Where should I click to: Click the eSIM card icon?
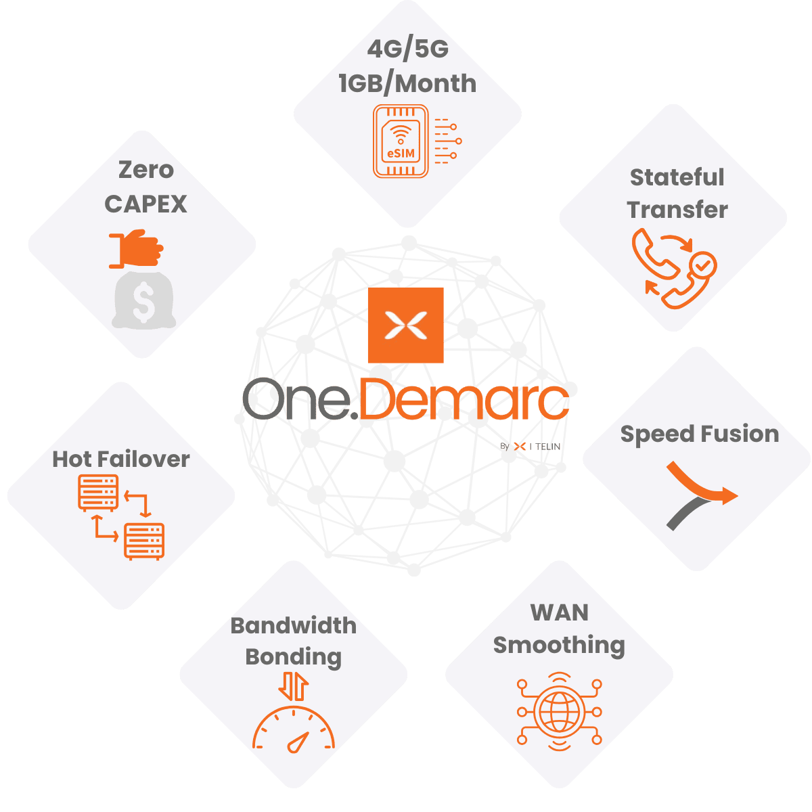tap(401, 141)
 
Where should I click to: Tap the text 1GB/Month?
tap(407, 83)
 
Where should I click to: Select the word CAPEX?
tap(145, 204)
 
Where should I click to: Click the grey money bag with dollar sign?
tap(143, 300)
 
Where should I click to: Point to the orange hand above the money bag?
tap(137, 249)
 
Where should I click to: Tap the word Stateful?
tap(677, 177)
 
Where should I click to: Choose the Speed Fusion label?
tap(699, 434)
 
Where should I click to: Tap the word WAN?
tap(559, 612)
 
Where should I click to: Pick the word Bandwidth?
tap(293, 625)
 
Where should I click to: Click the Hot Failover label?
tap(121, 459)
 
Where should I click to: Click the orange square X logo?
tap(405, 325)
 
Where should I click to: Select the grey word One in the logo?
tap(296, 401)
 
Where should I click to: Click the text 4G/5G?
tap(407, 49)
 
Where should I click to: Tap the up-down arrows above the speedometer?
tap(294, 686)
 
